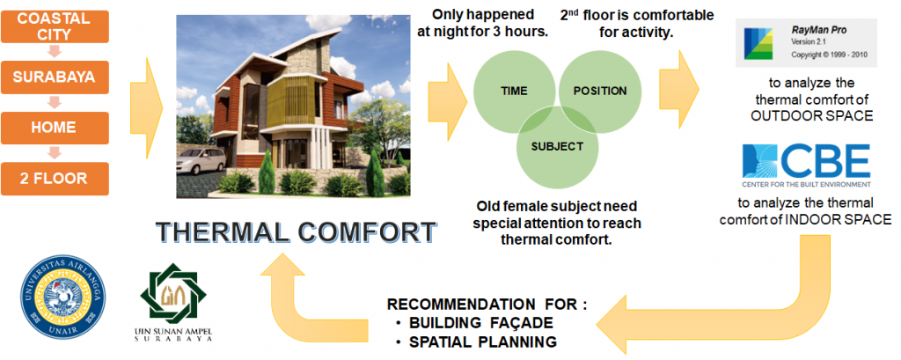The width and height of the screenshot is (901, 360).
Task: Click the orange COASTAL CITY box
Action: [x=55, y=26]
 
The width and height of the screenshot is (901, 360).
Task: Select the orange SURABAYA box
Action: [x=55, y=77]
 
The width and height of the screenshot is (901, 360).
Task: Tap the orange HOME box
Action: [x=55, y=128]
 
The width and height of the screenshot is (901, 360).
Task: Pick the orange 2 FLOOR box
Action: [x=55, y=179]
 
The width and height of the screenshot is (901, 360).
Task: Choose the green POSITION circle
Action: [x=600, y=92]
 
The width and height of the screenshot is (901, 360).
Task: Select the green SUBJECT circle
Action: [x=557, y=147]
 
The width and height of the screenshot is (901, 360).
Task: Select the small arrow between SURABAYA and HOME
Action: [x=55, y=102]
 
